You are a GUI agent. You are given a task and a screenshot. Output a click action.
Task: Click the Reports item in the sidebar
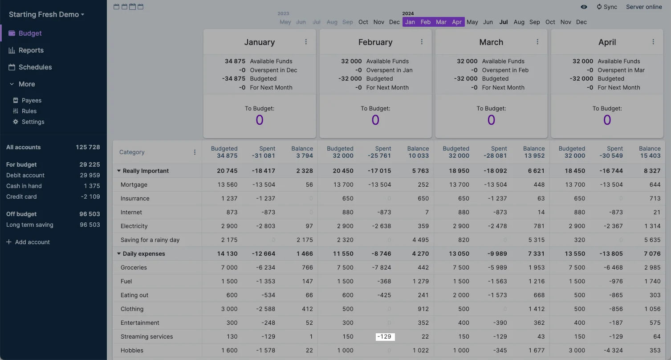[x=31, y=50]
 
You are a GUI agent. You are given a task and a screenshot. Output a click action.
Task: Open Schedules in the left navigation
[x=35, y=67]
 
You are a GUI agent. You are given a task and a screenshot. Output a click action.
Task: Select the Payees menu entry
[x=31, y=100]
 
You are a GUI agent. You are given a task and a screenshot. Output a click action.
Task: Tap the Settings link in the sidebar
[x=33, y=122]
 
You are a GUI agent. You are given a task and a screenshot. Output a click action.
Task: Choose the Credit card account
[x=21, y=196]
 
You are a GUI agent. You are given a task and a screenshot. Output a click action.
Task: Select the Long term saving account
[x=29, y=225]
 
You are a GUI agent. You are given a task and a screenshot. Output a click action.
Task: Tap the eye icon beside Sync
[x=584, y=7]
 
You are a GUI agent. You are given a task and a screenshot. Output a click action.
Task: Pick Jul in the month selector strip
[x=504, y=22]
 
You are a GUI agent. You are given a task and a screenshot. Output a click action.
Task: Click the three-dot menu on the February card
[x=422, y=42]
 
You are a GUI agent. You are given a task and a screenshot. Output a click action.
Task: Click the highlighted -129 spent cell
[x=385, y=336]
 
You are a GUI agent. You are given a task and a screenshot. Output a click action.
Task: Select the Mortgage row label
[x=134, y=184]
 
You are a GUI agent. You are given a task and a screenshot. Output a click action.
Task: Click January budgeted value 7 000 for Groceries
[x=229, y=267]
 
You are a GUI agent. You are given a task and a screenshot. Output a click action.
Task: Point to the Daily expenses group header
[x=143, y=254]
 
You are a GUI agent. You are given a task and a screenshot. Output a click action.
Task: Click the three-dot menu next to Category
[x=195, y=152]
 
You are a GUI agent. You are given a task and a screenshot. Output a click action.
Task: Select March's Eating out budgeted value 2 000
[x=459, y=295]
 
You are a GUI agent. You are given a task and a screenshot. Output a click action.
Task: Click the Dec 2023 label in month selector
[x=394, y=22]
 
